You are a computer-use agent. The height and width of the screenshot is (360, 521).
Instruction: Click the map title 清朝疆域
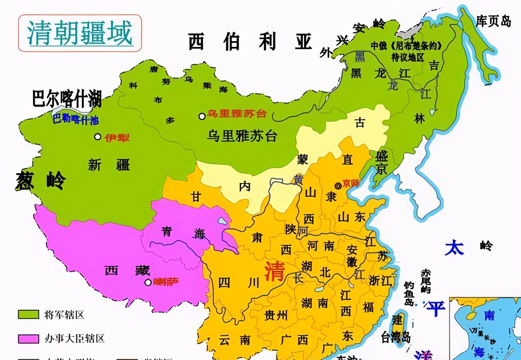click(80, 33)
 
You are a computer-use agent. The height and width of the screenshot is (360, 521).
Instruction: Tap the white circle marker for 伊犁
click(98, 137)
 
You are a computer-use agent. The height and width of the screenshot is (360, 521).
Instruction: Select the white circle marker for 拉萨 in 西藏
click(148, 282)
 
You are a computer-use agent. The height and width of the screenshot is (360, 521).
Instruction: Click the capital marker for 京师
click(338, 186)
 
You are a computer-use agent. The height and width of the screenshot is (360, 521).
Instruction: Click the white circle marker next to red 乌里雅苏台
click(202, 116)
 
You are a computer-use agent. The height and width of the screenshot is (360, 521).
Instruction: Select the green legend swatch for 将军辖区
click(28, 314)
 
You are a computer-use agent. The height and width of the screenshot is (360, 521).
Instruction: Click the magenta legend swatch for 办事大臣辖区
click(28, 338)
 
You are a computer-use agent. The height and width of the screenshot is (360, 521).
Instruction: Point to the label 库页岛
click(493, 21)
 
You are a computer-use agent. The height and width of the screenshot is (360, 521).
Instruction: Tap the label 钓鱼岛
click(409, 294)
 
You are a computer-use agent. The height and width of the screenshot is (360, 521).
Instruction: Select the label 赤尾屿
click(426, 281)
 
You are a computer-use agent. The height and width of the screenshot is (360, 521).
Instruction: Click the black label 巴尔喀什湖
click(67, 99)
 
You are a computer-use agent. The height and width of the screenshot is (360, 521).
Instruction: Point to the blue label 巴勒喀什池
click(75, 120)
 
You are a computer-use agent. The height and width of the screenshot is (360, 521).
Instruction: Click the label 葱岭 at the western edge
click(41, 181)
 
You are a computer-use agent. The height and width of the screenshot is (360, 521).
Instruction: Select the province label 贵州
click(276, 315)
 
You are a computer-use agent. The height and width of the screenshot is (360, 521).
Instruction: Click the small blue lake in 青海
click(222, 221)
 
